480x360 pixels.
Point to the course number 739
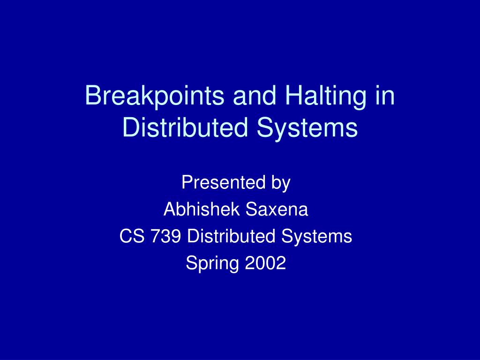click(167, 236)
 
